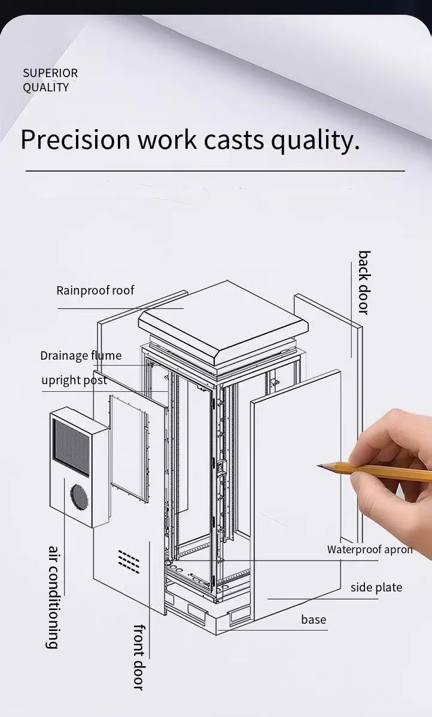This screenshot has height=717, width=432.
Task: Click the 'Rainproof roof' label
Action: [x=95, y=290]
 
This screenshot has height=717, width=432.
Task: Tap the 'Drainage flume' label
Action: [x=81, y=356]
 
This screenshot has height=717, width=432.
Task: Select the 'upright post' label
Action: [x=74, y=380]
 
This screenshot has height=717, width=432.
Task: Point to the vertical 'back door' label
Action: [x=364, y=282]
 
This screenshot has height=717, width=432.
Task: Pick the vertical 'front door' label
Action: [x=139, y=657]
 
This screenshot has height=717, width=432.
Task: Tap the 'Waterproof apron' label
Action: [x=369, y=549]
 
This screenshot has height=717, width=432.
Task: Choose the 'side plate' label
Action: [x=376, y=587]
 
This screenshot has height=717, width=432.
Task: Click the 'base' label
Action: [x=314, y=620]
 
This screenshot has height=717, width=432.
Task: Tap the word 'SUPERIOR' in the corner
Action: [x=50, y=73]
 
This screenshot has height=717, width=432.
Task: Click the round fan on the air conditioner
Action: [x=78, y=495]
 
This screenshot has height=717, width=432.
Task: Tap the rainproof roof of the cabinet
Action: [x=223, y=320]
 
